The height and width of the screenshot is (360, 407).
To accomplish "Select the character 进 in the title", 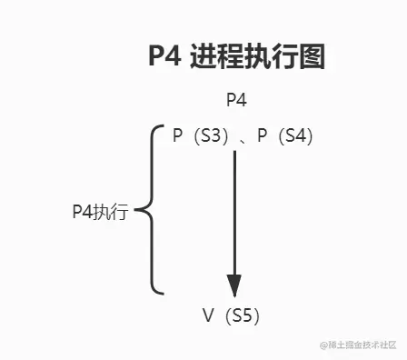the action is (x=204, y=57).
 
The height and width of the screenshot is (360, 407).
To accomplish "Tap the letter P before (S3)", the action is (x=178, y=135).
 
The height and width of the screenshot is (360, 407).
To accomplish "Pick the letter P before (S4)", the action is (x=263, y=135).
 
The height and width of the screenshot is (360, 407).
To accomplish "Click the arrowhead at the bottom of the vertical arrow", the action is (x=234, y=284).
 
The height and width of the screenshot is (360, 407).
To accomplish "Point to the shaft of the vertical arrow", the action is (x=234, y=209).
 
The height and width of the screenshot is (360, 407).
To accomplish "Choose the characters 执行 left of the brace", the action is (x=111, y=213).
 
